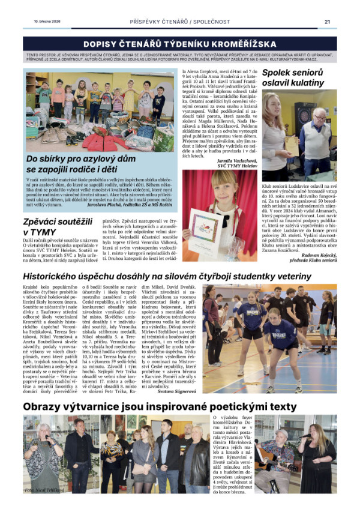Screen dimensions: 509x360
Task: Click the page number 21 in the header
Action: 327,21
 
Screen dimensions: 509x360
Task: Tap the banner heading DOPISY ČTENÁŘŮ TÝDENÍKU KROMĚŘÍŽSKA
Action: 180,44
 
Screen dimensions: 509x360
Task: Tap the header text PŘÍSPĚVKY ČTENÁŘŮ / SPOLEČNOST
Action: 180,21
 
